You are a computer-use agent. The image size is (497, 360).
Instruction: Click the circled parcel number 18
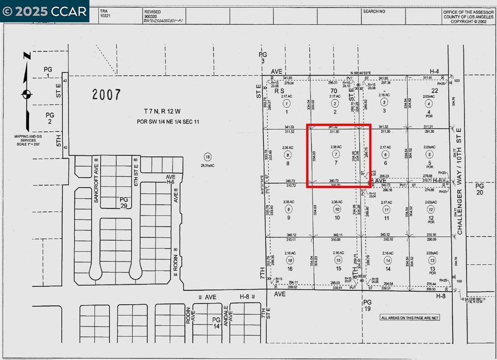[x=207, y=157]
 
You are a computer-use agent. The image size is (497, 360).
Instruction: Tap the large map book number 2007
[x=106, y=94]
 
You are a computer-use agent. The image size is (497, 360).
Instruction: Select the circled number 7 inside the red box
[x=336, y=154]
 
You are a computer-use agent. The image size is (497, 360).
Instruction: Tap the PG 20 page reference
[x=480, y=189]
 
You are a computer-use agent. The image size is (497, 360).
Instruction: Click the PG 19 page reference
[x=367, y=305]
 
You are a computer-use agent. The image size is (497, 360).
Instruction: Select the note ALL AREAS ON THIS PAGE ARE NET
[x=410, y=318]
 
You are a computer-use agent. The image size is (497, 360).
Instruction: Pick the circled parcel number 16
[x=290, y=260]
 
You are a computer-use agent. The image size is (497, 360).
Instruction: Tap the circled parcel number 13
[x=431, y=260]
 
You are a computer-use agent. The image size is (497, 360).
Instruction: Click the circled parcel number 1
[x=286, y=104]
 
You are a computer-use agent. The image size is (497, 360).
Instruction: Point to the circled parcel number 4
[x=429, y=104]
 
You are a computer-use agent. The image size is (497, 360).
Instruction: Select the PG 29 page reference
[x=124, y=202]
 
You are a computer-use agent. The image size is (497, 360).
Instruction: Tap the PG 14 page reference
[x=216, y=323]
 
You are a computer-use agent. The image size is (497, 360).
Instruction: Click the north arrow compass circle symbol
[x=26, y=94]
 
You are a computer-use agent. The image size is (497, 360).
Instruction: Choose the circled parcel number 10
[x=337, y=209]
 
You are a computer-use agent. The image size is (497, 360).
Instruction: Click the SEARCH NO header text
[x=374, y=11]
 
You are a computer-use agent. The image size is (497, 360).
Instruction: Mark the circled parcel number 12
[x=431, y=209]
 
